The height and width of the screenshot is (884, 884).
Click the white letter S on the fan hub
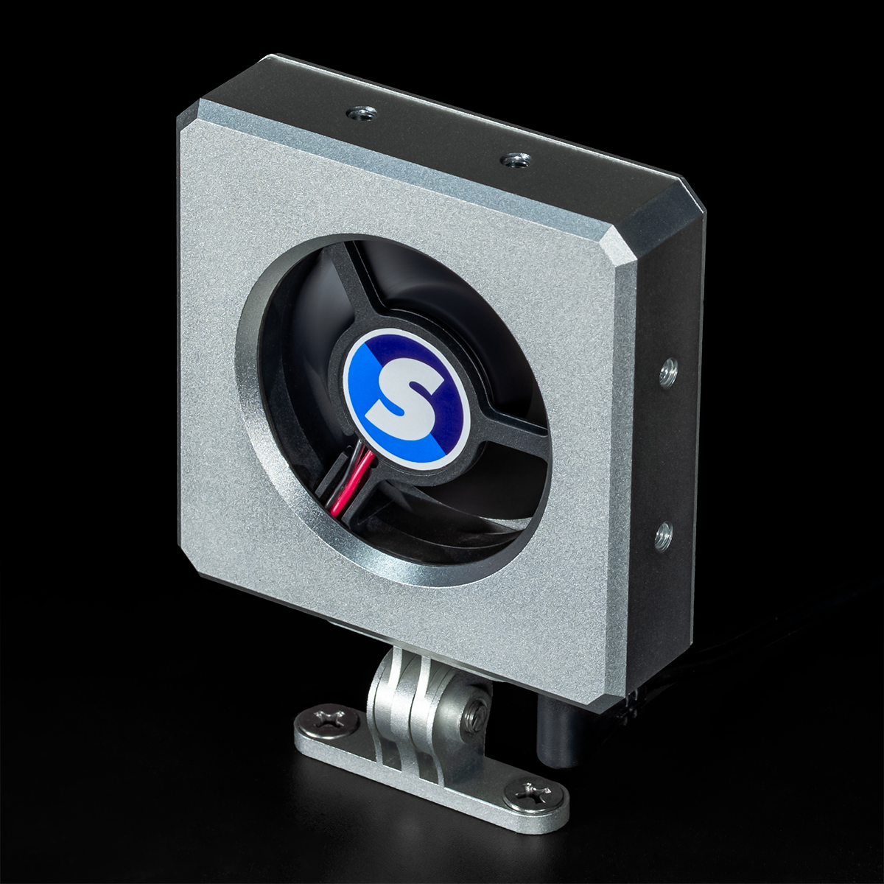click(404, 399)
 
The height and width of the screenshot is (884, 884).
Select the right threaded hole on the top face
click(513, 160)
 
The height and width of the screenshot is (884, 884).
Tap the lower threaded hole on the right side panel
click(662, 536)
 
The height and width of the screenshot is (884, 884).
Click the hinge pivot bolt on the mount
click(474, 712)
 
